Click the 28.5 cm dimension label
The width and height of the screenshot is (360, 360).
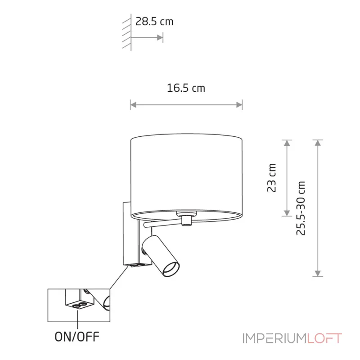(154, 22)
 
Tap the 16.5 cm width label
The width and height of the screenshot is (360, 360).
(186, 88)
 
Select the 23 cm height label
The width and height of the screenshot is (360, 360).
(272, 178)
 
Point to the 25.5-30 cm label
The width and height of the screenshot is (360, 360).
(301, 208)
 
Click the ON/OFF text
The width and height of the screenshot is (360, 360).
(77, 337)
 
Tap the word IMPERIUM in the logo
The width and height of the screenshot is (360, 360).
(275, 338)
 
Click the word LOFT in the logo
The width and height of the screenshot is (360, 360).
(324, 338)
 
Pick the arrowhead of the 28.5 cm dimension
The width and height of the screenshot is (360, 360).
(160, 37)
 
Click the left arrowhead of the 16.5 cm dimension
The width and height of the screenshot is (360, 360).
(133, 105)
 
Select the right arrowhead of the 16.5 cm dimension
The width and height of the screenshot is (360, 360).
(239, 105)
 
